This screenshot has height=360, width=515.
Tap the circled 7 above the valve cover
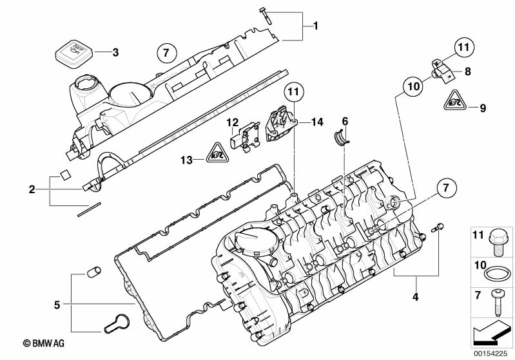coord(165,52)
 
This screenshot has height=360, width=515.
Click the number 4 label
coord(416,297)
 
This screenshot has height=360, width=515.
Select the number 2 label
coord(32,189)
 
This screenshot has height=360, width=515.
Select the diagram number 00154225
coord(491,353)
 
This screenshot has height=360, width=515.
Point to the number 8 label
coord(467,72)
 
